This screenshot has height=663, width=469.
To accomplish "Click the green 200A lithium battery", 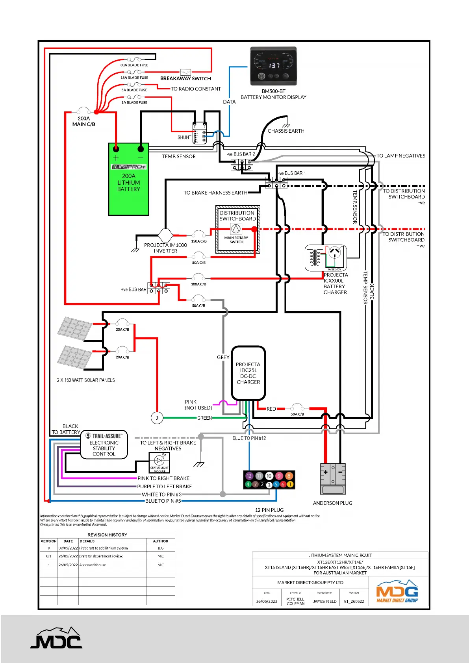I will point(129,179).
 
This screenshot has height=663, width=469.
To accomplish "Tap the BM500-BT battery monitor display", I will point(274,66).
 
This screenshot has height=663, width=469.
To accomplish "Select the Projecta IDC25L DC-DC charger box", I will point(248,373).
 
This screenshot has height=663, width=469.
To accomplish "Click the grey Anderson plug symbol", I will point(333,479).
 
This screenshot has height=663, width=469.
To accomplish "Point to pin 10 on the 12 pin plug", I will point(269,476).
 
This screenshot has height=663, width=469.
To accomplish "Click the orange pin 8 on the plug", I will point(289,476).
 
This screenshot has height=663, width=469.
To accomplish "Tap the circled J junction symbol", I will point(157,418).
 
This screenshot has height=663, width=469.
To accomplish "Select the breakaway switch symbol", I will point(185,72).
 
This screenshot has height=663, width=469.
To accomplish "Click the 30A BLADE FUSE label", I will point(134,65).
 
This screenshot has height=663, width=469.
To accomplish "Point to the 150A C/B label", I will point(199,241).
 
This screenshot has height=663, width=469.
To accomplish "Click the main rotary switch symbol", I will point(236,229).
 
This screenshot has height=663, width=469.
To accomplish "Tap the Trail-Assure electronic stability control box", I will point(104,445).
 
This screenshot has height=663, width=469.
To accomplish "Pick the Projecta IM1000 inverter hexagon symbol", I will point(165,235).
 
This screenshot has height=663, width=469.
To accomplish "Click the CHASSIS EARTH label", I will point(286,131).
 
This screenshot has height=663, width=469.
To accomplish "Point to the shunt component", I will point(200,133).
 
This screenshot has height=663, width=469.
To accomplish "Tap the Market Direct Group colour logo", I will point(397,591).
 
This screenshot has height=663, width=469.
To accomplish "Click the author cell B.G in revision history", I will point(161,548).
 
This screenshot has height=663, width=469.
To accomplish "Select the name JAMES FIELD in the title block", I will point(325,601).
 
